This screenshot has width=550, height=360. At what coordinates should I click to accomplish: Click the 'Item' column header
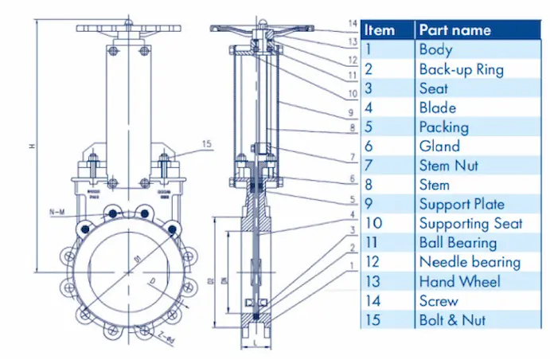380,30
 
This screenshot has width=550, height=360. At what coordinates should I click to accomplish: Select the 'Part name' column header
454,30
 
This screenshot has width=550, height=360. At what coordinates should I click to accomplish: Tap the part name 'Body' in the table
435,49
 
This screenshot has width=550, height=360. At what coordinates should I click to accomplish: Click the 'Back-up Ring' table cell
461,69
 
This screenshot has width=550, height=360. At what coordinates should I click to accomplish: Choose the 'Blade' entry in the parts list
437,108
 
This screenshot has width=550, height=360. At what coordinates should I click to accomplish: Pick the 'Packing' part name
443,127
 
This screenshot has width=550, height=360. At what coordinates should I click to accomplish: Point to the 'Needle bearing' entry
470,262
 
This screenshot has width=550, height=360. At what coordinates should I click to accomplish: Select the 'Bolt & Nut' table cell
452,320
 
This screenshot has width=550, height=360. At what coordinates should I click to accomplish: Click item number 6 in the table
369,146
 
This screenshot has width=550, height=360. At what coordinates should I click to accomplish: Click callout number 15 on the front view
207,144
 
